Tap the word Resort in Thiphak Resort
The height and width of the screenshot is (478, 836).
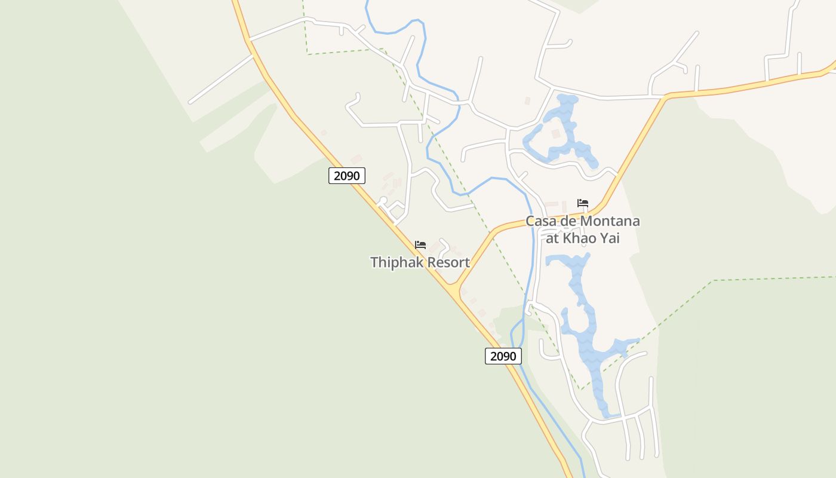pyautogui.click(x=447, y=262)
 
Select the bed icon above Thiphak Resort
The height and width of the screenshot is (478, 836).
pyautogui.click(x=420, y=245)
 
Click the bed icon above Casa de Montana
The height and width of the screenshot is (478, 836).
pyautogui.click(x=583, y=203)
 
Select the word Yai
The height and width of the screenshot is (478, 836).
pyautogui.click(x=610, y=238)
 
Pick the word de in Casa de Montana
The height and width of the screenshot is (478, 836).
pyautogui.click(x=569, y=221)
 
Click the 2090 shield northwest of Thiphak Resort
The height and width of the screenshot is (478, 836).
pyautogui.click(x=346, y=176)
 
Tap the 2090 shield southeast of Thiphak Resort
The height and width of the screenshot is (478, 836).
pyautogui.click(x=503, y=356)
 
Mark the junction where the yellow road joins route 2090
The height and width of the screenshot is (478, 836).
pyautogui.click(x=455, y=290)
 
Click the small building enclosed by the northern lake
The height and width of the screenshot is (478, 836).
pyautogui.click(x=556, y=134)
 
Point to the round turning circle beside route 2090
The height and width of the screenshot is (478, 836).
pyautogui.click(x=383, y=200)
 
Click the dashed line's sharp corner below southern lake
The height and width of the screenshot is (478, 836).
pyautogui.click(x=581, y=390)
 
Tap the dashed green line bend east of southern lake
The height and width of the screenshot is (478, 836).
pyautogui.click(x=713, y=280)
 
